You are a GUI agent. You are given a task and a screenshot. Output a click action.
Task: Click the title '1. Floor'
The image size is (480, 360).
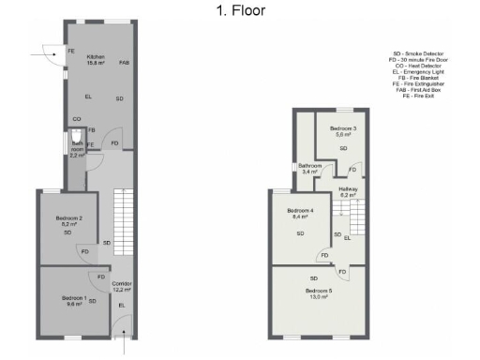240,10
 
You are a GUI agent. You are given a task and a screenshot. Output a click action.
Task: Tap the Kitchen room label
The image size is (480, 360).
95,59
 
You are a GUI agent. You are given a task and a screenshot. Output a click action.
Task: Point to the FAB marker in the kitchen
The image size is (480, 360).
124,63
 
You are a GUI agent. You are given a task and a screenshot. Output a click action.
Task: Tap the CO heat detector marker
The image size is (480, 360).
76,119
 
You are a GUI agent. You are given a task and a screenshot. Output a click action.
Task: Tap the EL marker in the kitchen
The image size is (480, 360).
88,97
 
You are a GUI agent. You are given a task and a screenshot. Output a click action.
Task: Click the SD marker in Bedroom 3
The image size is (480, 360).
343,148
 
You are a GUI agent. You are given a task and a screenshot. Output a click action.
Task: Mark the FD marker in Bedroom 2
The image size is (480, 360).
84,251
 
